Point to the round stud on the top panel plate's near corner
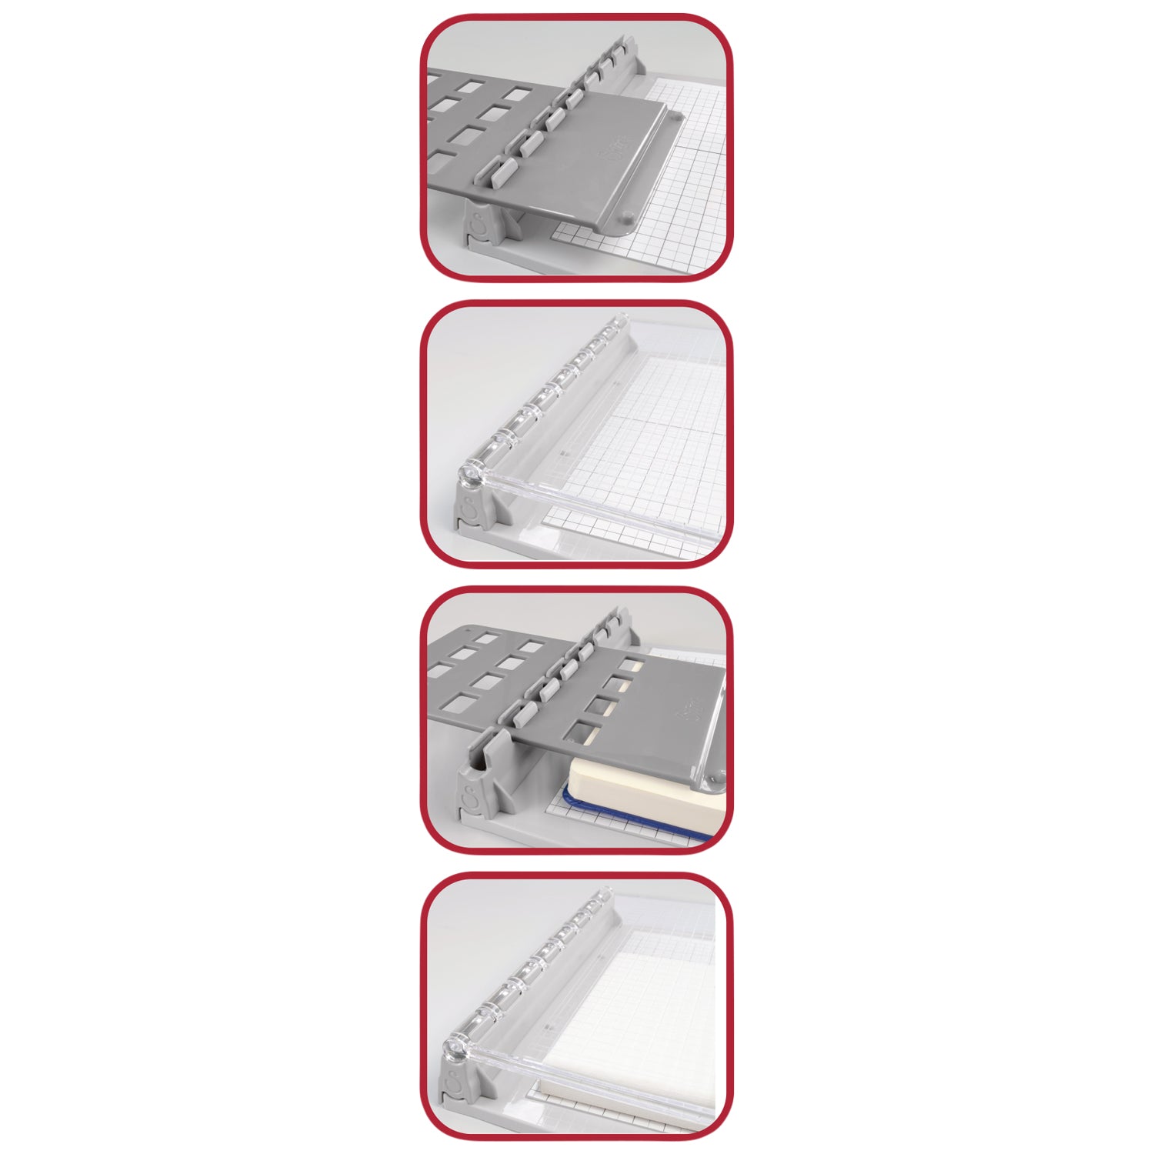pyautogui.click(x=628, y=217)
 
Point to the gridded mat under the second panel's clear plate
pyautogui.click(x=639, y=431)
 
